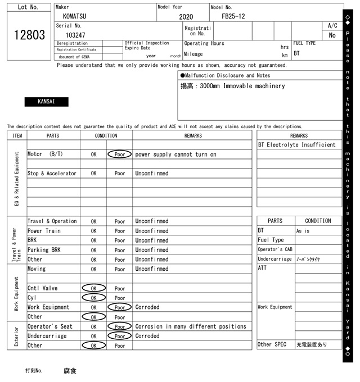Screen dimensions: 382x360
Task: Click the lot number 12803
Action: pos(29,35)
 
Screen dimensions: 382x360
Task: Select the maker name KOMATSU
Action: pos(75,16)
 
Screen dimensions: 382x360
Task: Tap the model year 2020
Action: pos(186,17)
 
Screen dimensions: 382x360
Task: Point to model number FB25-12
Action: pos(233,16)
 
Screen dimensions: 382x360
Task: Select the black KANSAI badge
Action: pos(46,102)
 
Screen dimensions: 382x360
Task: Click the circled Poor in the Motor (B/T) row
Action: pos(119,154)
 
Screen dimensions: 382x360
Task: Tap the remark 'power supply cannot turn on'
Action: pos(175,154)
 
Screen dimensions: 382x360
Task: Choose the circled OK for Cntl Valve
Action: pos(93,288)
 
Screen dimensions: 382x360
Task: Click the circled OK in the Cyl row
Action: pos(93,298)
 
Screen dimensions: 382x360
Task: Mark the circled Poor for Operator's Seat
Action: pos(119,326)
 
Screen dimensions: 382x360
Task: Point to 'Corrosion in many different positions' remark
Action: pos(191,326)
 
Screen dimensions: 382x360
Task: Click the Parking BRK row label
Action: pos(44,250)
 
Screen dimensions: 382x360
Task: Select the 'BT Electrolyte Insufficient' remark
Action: pos(296,145)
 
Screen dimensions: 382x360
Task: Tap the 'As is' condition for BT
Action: pos(303,231)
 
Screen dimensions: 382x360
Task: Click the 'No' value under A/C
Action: pos(332,35)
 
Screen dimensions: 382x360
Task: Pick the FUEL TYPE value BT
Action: pos(296,54)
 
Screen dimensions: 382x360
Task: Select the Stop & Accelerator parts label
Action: pos(52,174)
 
